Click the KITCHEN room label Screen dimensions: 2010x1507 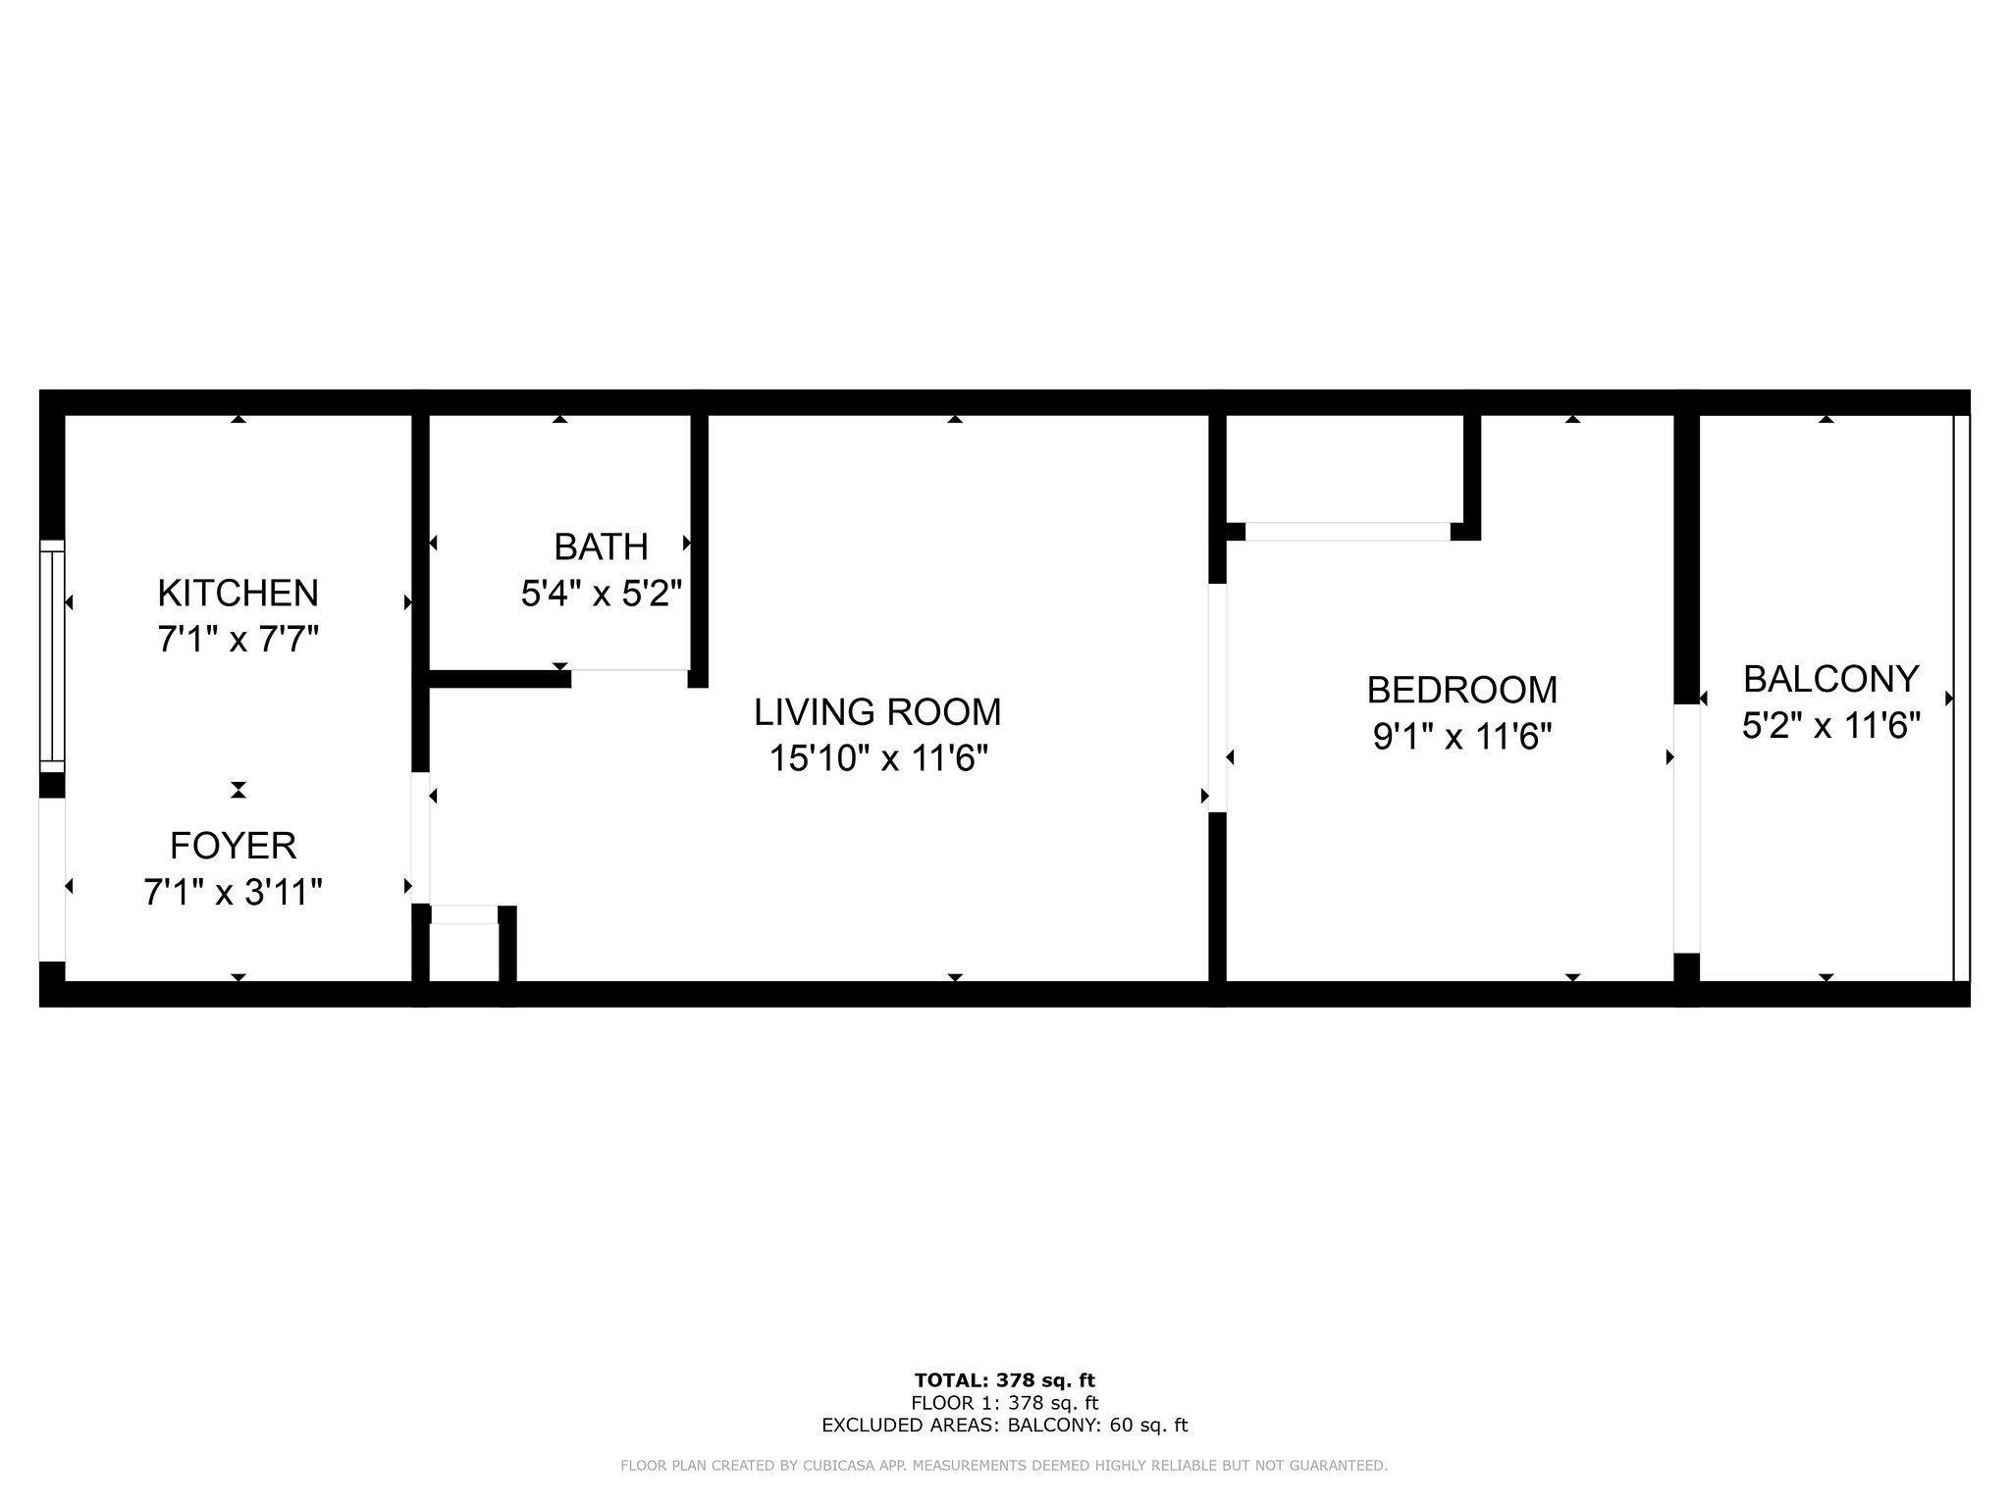click(x=238, y=594)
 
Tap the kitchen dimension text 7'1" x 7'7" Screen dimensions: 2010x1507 click(x=238, y=641)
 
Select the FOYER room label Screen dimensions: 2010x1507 click(x=234, y=846)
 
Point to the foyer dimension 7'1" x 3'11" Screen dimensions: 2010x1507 click(x=234, y=893)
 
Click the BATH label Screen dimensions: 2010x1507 click(x=601, y=546)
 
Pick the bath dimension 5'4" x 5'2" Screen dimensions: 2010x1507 click(x=601, y=594)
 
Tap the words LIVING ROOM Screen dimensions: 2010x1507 click(x=877, y=712)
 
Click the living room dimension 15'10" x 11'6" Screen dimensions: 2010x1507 click(x=877, y=758)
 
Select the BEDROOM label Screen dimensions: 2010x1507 click(x=1462, y=690)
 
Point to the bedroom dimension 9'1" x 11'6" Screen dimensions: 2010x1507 click(x=1462, y=736)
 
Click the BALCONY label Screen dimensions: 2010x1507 click(x=1831, y=679)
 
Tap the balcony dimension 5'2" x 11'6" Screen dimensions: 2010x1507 click(x=1831, y=726)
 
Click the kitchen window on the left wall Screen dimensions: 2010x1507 click(x=51, y=655)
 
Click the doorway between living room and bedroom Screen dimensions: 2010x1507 click(x=1218, y=698)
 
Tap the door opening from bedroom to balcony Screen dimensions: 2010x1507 click(x=1686, y=829)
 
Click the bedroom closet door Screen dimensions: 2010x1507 click(x=1348, y=532)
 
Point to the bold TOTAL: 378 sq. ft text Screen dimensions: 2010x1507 click(x=1005, y=1380)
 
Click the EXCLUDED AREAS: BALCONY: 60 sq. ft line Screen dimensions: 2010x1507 click(x=1005, y=1426)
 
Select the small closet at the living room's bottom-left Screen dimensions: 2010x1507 click(x=464, y=953)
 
